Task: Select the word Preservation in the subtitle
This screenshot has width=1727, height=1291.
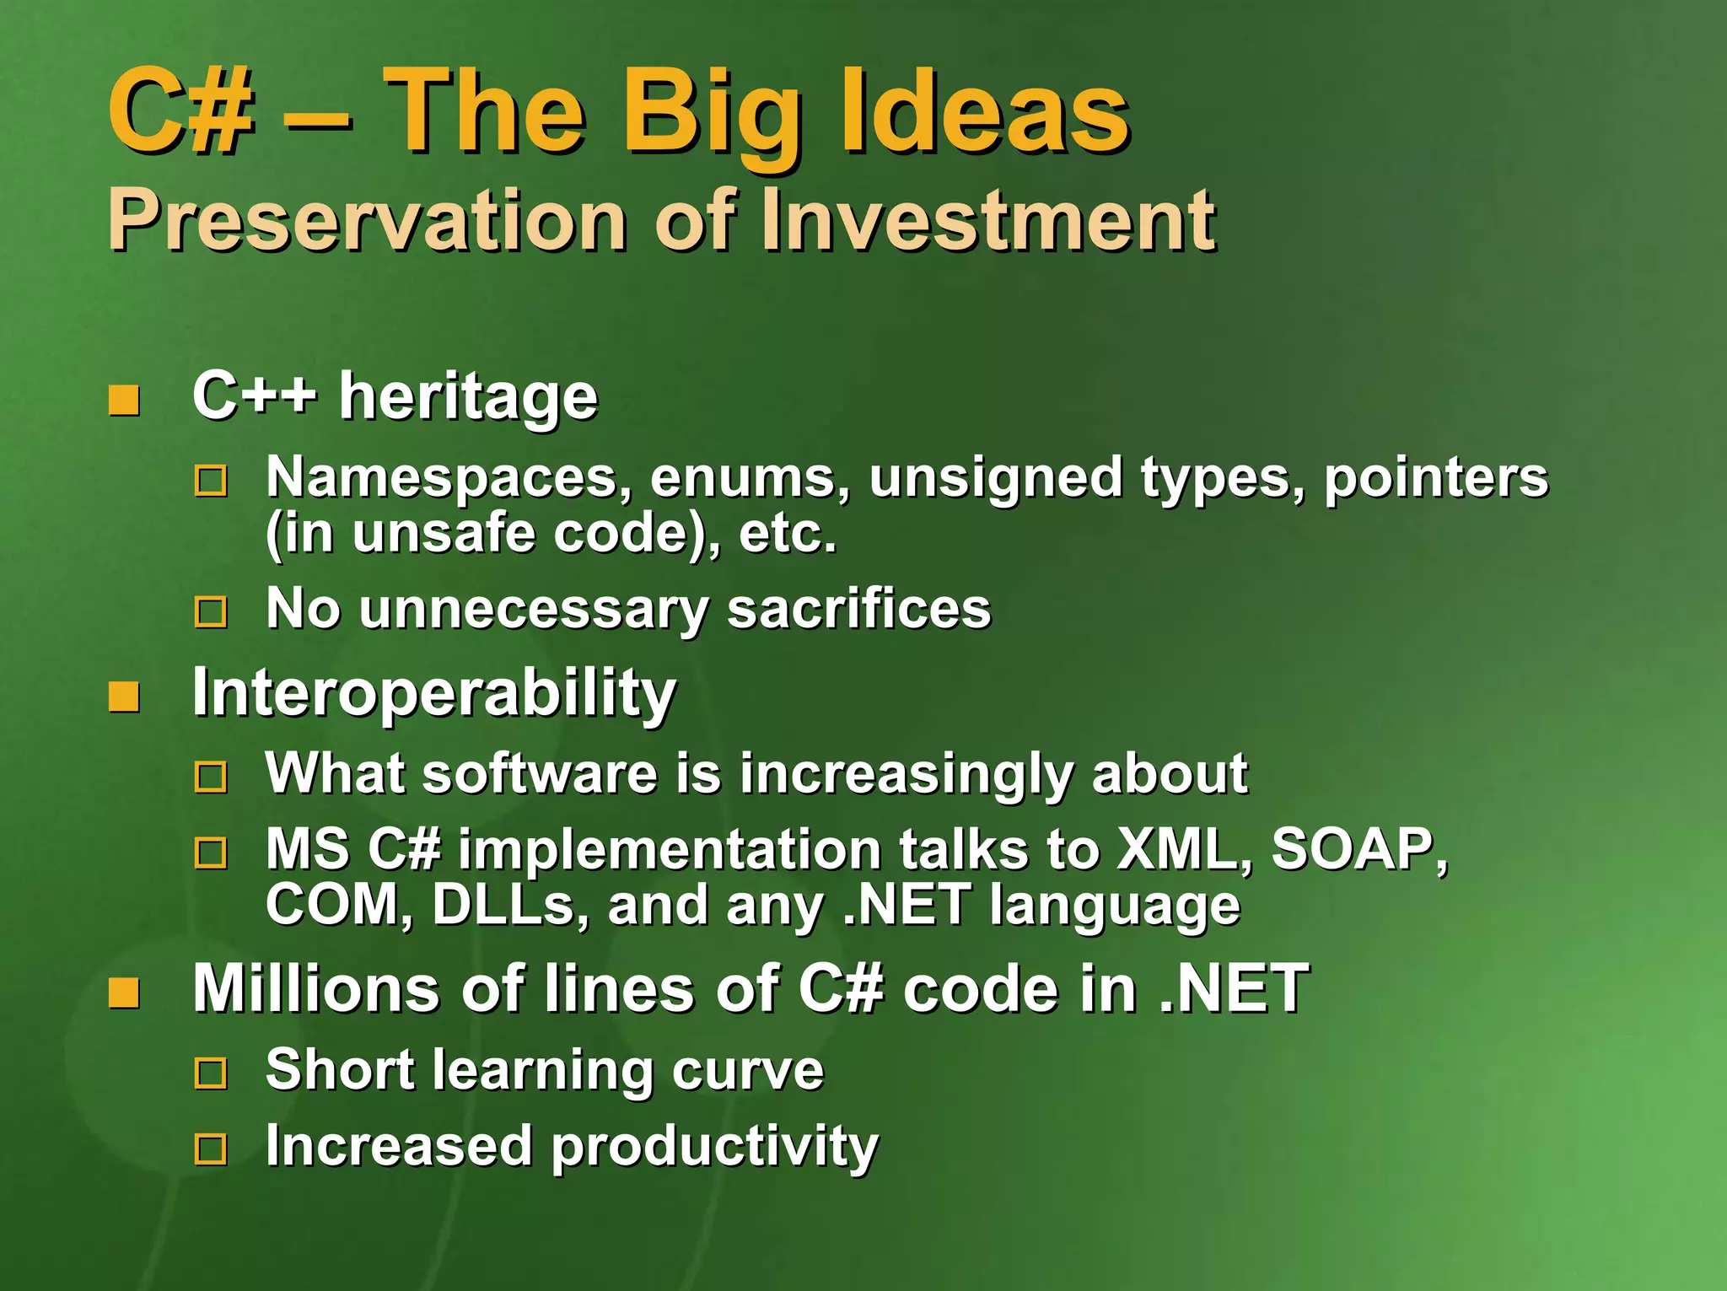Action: pyautogui.click(x=367, y=220)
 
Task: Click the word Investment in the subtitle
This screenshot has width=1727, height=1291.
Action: pyautogui.click(x=987, y=220)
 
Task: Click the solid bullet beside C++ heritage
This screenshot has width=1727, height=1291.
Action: pyautogui.click(x=124, y=401)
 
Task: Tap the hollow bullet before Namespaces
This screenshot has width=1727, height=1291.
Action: pyautogui.click(x=211, y=481)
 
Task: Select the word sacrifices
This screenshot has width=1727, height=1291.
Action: pyautogui.click(x=858, y=608)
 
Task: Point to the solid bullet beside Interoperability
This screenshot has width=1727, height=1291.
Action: pyautogui.click(x=124, y=697)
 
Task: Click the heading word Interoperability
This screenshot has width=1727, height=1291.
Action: pyautogui.click(x=433, y=694)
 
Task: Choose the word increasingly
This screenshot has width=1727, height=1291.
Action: pyautogui.click(x=905, y=773)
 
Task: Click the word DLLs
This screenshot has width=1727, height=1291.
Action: pyautogui.click(x=503, y=905)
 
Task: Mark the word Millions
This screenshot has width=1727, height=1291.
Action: pyautogui.click(x=315, y=988)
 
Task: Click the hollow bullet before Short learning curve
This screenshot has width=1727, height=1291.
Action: pyautogui.click(x=211, y=1073)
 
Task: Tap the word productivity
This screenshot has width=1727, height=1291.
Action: pyautogui.click(x=714, y=1148)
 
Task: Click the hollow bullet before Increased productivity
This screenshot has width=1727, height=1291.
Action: pyautogui.click(x=211, y=1149)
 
